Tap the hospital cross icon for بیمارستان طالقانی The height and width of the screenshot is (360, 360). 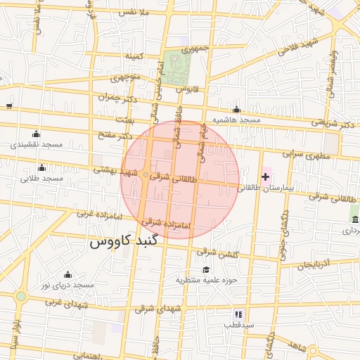(x=265, y=176)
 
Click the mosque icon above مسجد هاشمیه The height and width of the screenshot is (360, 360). (x=237, y=110)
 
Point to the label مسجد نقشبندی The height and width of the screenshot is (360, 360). (x=37, y=144)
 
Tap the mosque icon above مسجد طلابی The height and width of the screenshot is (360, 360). (x=41, y=167)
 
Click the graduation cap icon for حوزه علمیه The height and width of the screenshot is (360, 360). (x=206, y=270)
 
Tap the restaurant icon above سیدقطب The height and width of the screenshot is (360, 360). (x=238, y=314)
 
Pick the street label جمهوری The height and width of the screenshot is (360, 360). (x=196, y=50)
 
